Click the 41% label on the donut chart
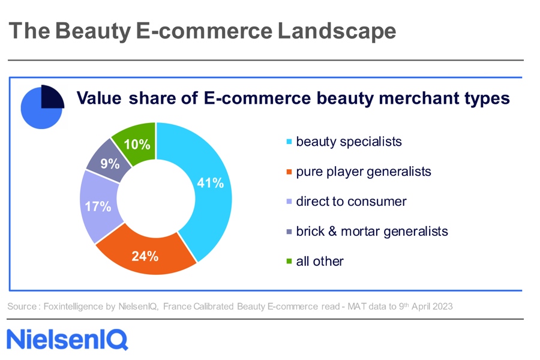coord(210,182)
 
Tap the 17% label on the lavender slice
coord(98,206)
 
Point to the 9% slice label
coord(110,163)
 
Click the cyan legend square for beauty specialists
coord(289,142)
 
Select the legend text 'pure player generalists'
coord(364,172)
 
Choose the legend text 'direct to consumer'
coord(351,202)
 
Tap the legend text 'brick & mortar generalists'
coord(372,232)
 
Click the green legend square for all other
coord(289,262)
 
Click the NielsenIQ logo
coord(67,340)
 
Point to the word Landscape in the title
coord(337,31)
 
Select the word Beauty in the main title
coord(93,31)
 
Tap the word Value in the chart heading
coord(99,98)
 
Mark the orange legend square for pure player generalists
coord(289,172)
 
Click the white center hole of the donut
coord(155,199)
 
